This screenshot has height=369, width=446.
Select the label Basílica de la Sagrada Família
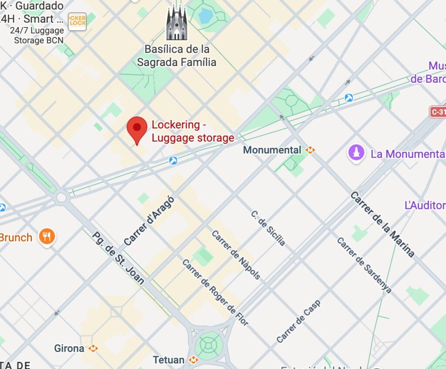pos(177,55)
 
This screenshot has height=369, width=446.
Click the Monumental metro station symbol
pos(310,150)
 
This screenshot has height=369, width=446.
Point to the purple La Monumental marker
pos(356,153)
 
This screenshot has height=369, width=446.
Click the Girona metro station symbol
pos(93,349)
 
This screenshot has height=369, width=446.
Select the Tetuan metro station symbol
pos(194,360)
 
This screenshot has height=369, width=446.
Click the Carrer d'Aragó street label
pos(149,221)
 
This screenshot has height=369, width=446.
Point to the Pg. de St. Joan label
pos(118,258)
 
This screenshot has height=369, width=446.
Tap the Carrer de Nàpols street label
pos(236,255)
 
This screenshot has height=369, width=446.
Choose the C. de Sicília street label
pos(268,228)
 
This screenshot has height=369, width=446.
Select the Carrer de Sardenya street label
pos(364,265)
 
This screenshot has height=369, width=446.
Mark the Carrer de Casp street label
pos(298,321)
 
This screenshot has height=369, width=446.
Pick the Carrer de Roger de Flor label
pos(215,292)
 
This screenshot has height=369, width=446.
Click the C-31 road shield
pos(438,112)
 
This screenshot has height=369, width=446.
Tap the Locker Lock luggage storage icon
pos(77,21)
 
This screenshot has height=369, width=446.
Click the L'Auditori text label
pos(425,205)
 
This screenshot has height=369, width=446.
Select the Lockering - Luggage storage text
pos(193,131)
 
